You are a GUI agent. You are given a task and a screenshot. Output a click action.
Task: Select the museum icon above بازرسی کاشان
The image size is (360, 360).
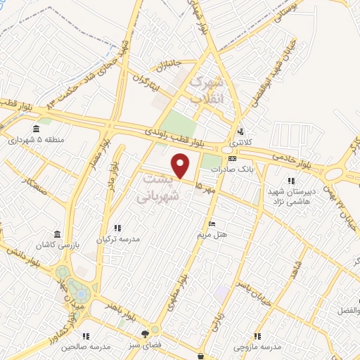pos(56,233)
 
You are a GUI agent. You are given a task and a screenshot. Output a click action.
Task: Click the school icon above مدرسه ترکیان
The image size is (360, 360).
pos(118,228)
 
